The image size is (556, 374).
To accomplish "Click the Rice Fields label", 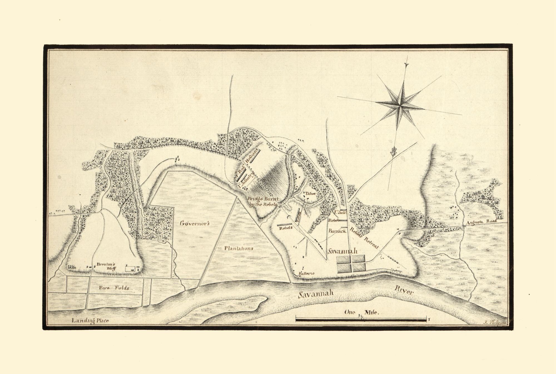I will [x=114, y=288].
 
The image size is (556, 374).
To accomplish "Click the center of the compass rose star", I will [x=401, y=105].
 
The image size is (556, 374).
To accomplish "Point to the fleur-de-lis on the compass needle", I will [x=394, y=152].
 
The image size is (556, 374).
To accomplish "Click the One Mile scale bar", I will [x=361, y=320].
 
